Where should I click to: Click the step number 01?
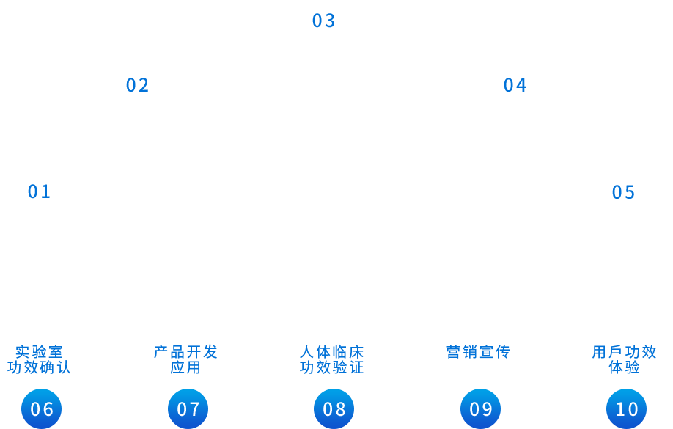click(40, 192)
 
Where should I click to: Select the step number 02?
click(138, 86)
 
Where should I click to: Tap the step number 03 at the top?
click(324, 21)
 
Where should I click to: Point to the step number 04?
click(515, 86)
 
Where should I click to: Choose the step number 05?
click(624, 193)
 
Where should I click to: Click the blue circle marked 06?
click(42, 408)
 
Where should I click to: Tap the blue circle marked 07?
click(188, 408)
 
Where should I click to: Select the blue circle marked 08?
click(334, 408)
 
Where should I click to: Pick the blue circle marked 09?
click(481, 408)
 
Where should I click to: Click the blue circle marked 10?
click(627, 408)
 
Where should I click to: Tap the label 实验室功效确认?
click(40, 359)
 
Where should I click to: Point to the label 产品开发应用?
click(185, 359)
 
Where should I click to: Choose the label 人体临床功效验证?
click(332, 359)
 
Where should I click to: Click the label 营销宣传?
click(478, 352)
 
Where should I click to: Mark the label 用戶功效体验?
click(625, 359)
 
